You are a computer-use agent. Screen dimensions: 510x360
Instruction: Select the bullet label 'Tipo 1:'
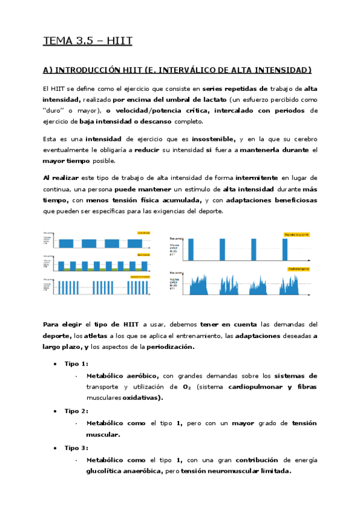[x=76, y=363]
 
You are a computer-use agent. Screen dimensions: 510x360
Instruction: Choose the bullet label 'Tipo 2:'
[x=76, y=411]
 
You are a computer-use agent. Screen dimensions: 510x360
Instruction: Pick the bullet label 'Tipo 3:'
[x=76, y=447]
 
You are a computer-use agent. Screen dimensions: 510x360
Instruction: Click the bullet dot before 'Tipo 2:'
[x=55, y=411]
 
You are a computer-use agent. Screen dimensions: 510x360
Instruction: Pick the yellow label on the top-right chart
[x=297, y=234]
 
